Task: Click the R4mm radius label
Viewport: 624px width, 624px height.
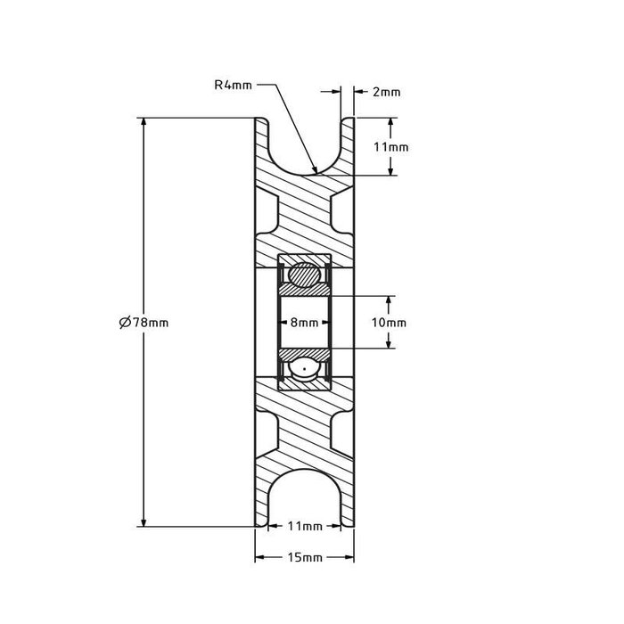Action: pyautogui.click(x=233, y=85)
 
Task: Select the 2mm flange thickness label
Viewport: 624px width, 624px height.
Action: pyautogui.click(x=386, y=92)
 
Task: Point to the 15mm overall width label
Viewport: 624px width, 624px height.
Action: pyautogui.click(x=305, y=557)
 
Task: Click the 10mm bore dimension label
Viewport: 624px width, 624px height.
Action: pyautogui.click(x=389, y=323)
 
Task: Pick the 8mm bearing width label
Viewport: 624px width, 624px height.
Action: pyautogui.click(x=305, y=323)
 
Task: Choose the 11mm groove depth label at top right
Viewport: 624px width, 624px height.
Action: pyautogui.click(x=390, y=147)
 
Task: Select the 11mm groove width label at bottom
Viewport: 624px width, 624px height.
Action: pyautogui.click(x=305, y=526)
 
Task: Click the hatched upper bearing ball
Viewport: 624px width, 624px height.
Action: pyautogui.click(x=305, y=275)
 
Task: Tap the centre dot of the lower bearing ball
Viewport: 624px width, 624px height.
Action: pyautogui.click(x=305, y=368)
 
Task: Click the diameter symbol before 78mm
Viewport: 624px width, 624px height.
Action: pyautogui.click(x=125, y=322)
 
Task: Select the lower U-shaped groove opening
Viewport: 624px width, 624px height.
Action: pyautogui.click(x=305, y=498)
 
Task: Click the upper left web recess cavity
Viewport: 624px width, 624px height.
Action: pyautogui.click(x=266, y=211)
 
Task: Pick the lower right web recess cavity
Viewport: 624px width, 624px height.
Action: pyautogui.click(x=342, y=434)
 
